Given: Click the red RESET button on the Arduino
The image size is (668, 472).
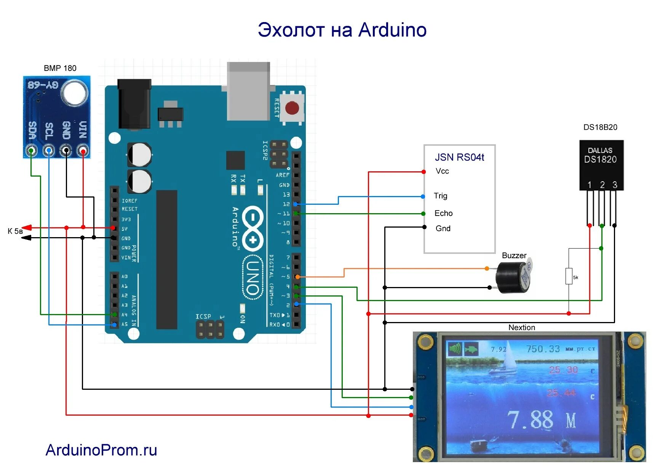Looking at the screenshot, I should [292, 108].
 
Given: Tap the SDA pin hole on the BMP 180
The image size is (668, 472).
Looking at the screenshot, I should [32, 151].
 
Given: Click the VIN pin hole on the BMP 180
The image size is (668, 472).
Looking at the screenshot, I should [83, 151].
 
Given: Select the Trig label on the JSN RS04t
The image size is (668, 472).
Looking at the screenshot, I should [441, 196].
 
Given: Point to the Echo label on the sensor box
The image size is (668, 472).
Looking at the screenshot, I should [443, 213].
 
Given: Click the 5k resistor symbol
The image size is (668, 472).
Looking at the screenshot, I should [569, 276].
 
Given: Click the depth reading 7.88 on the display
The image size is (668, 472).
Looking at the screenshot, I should [530, 419].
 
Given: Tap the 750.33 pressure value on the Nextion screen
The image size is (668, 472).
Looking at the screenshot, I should [543, 349].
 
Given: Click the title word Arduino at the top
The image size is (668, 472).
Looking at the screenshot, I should [392, 30].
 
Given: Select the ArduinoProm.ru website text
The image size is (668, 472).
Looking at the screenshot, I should [101, 450].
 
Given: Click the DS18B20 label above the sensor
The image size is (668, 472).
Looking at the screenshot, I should [600, 127].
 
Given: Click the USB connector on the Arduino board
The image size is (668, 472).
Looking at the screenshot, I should [248, 91].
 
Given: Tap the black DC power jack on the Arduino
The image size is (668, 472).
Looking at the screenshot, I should [134, 104].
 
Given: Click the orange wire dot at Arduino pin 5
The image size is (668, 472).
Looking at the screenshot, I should [297, 277].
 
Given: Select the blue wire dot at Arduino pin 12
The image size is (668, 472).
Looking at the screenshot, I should [295, 204].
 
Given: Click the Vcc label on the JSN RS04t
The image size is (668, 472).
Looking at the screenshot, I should [442, 171].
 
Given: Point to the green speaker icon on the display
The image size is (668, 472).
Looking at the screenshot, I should [455, 348].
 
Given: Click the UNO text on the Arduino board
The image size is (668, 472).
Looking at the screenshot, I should [252, 277].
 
